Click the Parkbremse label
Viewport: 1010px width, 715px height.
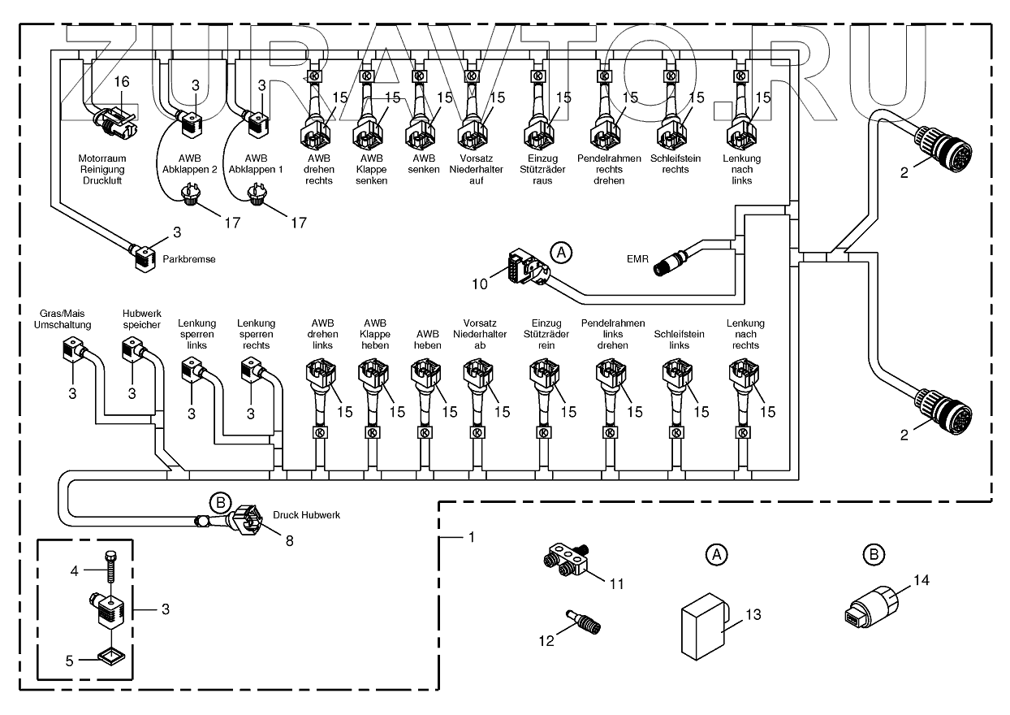[x=189, y=259]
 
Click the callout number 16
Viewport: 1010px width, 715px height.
[x=121, y=82]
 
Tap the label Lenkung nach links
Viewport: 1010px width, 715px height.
[x=741, y=170]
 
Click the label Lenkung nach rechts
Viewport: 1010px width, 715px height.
[x=745, y=334]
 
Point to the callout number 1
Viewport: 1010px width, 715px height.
[x=470, y=537]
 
